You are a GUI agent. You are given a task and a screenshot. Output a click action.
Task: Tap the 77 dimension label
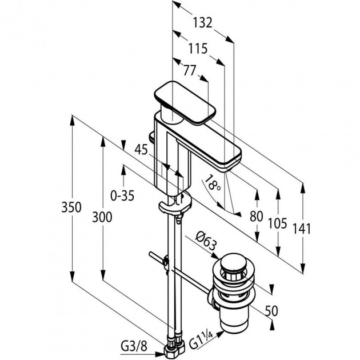pos(189,71)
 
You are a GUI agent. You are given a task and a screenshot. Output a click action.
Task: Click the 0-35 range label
pos(122,195)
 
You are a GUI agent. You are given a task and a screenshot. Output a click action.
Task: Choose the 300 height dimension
pos(101,217)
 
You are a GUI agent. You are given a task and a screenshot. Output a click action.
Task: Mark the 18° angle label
pos(213,185)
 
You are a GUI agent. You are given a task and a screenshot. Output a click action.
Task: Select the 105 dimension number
pos(277,223)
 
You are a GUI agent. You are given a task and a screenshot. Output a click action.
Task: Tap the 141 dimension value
pos(301,229)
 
